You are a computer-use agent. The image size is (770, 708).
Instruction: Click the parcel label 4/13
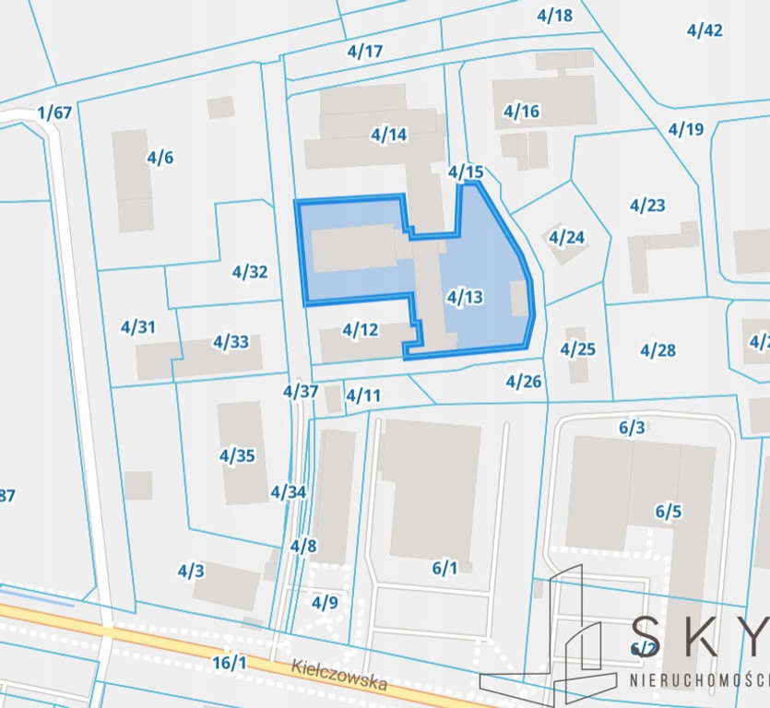(464, 297)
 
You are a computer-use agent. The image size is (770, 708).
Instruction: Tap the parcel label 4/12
(361, 329)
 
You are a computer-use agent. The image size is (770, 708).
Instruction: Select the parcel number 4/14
(389, 135)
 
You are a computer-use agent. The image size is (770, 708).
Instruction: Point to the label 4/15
(466, 171)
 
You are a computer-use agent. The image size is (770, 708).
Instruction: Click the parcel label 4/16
(521, 112)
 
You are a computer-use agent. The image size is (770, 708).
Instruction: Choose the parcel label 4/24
(566, 238)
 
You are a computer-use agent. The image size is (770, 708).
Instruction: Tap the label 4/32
(250, 272)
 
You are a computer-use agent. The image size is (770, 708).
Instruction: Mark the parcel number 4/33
(231, 342)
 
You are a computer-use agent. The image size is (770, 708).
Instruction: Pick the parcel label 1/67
(54, 113)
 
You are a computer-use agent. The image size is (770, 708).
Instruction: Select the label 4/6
(160, 158)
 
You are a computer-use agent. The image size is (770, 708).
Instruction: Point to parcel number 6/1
(444, 568)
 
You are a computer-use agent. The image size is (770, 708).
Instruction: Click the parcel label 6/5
(669, 512)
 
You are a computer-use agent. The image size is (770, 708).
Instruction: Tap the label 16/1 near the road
(230, 663)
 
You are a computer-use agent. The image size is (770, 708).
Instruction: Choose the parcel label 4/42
(705, 29)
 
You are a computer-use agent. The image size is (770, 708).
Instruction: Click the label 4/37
(301, 391)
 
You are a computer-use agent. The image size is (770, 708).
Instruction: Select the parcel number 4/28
(657, 350)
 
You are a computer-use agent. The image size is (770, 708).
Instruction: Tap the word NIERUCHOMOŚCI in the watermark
(699, 680)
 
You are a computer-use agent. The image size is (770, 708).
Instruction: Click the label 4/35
(237, 455)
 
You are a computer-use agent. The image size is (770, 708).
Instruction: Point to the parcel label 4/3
(191, 571)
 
